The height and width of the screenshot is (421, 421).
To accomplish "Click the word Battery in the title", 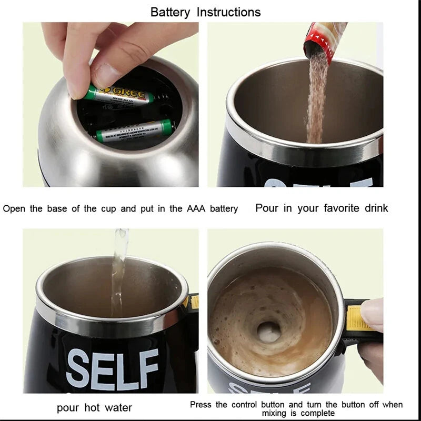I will tap(171, 12).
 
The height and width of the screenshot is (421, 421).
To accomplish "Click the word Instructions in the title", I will tap(228, 12).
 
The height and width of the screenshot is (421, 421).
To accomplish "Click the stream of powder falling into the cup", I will tap(316, 100).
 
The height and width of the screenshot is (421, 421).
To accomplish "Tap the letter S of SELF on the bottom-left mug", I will tap(78, 368).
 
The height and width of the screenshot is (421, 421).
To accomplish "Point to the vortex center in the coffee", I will tap(269, 330).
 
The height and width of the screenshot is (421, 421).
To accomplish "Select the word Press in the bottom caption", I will tap(201, 405).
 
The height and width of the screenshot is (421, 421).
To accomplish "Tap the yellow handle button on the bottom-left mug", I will tap(194, 302).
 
